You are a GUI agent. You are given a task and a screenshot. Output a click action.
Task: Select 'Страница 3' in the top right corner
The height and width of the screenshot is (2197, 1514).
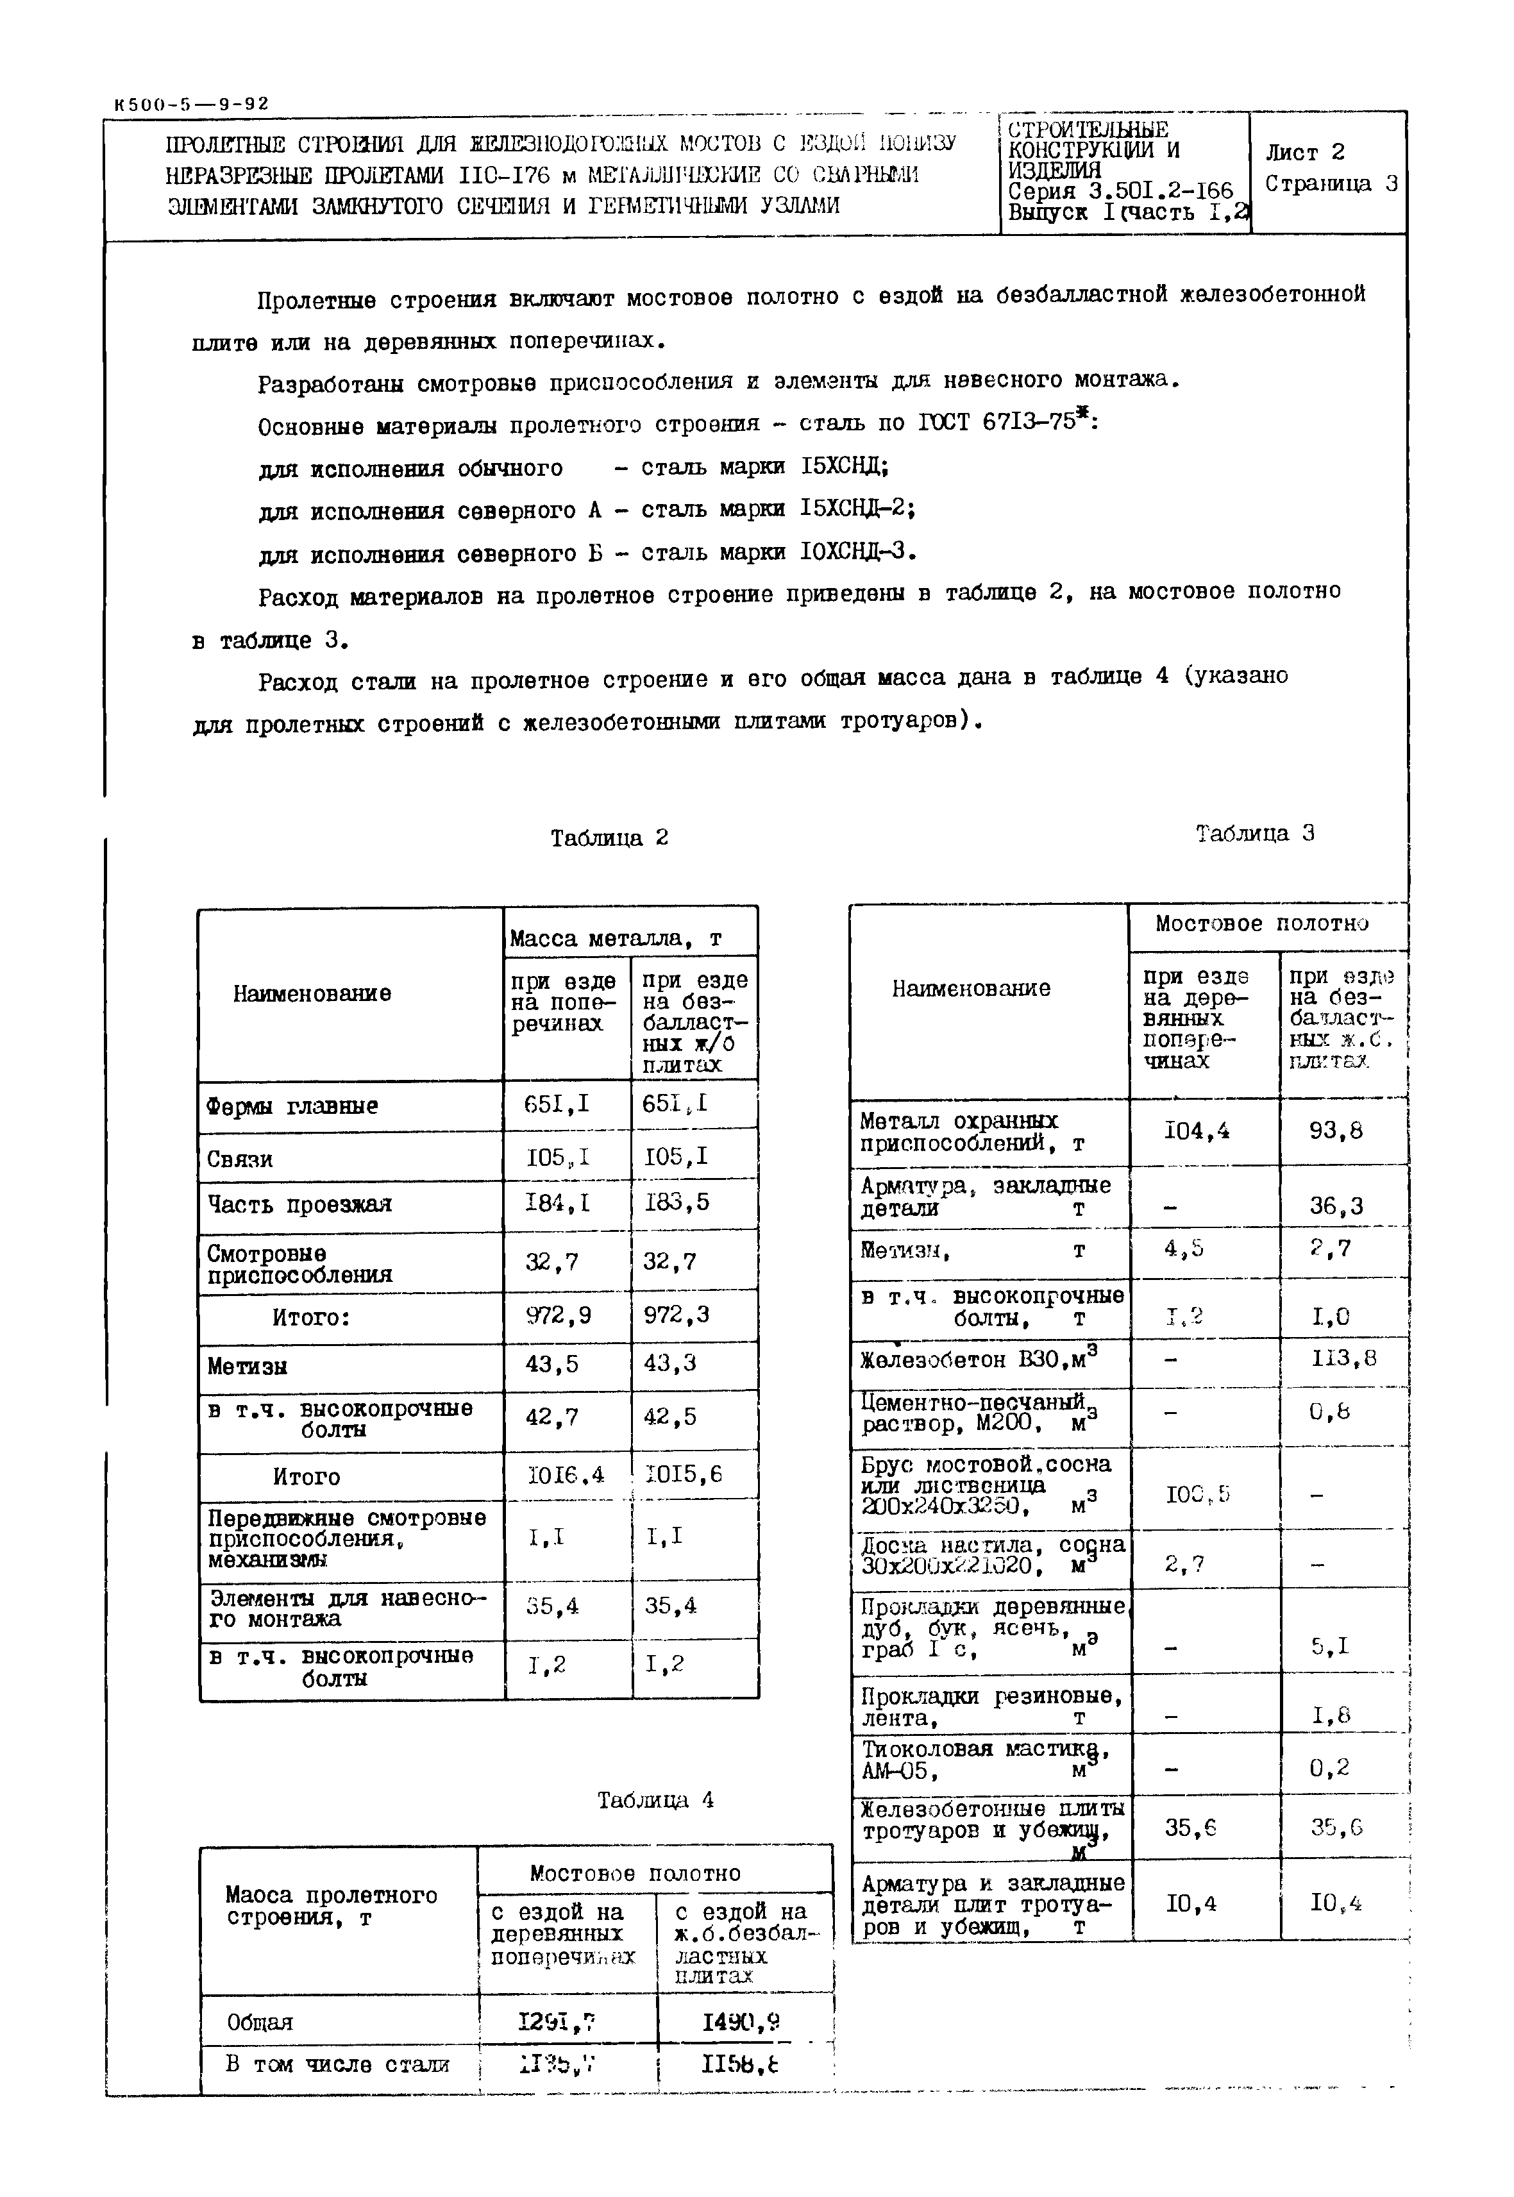point(1331,183)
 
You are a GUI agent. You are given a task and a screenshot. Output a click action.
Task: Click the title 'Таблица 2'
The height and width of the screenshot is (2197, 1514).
point(609,838)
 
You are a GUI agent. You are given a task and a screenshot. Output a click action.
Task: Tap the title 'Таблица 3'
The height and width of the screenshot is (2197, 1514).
point(1254,833)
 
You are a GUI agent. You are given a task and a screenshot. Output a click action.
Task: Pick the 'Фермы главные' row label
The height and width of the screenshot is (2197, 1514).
point(292,1106)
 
